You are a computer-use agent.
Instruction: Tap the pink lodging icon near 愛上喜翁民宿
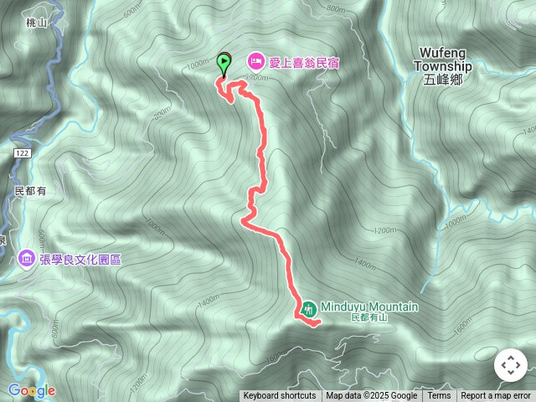point(255,61)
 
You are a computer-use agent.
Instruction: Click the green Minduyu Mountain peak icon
point(308,308)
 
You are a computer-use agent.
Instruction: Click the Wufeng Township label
point(444,60)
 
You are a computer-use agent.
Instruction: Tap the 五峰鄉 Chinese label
point(443,80)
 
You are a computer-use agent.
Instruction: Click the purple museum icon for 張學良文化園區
point(26,259)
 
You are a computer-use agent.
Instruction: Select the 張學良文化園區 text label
point(80,260)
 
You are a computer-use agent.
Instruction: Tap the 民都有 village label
point(30,192)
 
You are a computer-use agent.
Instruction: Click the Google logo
point(31,390)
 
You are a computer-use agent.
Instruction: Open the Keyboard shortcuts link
point(280,396)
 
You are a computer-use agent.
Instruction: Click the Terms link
point(440,396)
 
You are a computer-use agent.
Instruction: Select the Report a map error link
point(496,396)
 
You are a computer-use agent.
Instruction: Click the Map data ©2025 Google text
point(371,396)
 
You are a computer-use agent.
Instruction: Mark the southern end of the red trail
point(318,322)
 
